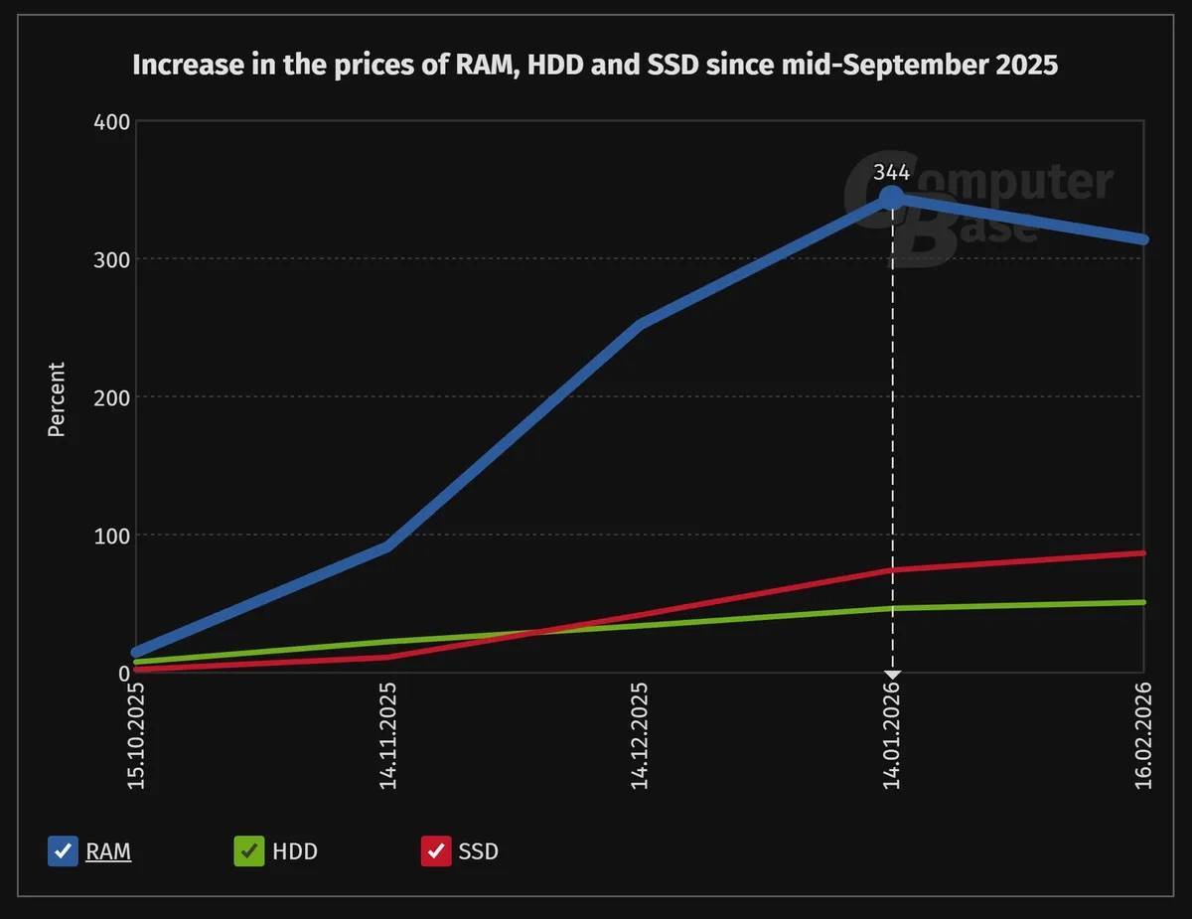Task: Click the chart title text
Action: pyautogui.click(x=595, y=67)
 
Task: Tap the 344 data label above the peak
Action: pyautogui.click(x=892, y=173)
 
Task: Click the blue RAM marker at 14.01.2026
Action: pyautogui.click(x=892, y=198)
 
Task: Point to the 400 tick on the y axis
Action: pyautogui.click(x=110, y=121)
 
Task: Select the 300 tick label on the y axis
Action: pyautogui.click(x=110, y=259)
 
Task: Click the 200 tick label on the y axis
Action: pyautogui.click(x=110, y=397)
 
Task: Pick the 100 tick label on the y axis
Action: pyautogui.click(x=110, y=536)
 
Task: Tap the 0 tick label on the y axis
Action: pyautogui.click(x=123, y=674)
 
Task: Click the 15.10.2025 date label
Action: pyautogui.click(x=136, y=735)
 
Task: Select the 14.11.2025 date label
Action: pyautogui.click(x=388, y=735)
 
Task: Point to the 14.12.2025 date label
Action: pyautogui.click(x=641, y=735)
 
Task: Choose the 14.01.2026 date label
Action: pyautogui.click(x=892, y=735)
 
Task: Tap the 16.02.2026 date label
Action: pyautogui.click(x=1144, y=735)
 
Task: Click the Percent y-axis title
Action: pyautogui.click(x=57, y=399)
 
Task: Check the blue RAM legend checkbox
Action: pyautogui.click(x=63, y=851)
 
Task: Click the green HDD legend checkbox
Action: pyautogui.click(x=248, y=851)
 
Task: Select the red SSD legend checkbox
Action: pyautogui.click(x=436, y=851)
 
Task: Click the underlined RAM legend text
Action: pyautogui.click(x=108, y=851)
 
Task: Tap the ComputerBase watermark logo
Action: pyautogui.click(x=978, y=204)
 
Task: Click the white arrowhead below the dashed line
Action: pyautogui.click(x=892, y=676)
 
